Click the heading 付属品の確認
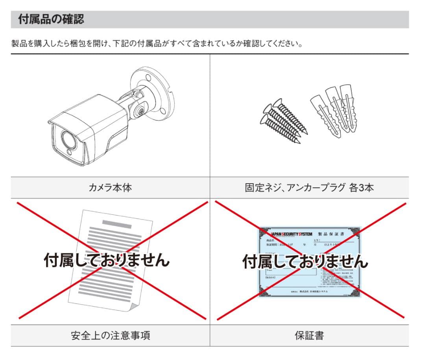51,19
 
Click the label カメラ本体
110,188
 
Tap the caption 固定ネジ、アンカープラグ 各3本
309,188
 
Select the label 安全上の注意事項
110,336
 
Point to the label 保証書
309,336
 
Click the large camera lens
68,138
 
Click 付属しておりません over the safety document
106,260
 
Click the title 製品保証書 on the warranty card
331,234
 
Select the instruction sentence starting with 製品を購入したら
157,43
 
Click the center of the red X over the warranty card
310,261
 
